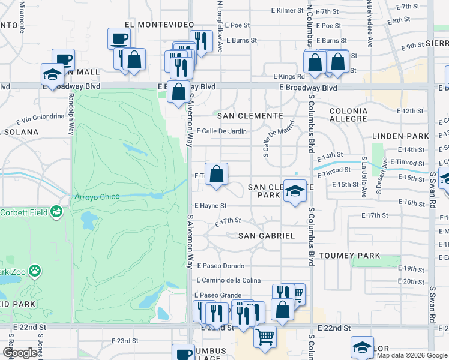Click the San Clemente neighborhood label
point(250,115)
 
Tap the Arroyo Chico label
point(97,197)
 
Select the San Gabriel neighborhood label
point(267,236)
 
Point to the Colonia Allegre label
point(348,115)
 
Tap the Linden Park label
point(398,136)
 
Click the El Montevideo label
point(159,24)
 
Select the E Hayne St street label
point(210,206)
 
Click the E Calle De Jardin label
point(221,131)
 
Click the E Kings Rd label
point(289,76)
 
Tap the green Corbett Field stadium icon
point(56,211)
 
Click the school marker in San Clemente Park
point(294,191)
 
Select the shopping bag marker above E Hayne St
point(217,174)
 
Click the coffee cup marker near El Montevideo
point(118,39)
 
